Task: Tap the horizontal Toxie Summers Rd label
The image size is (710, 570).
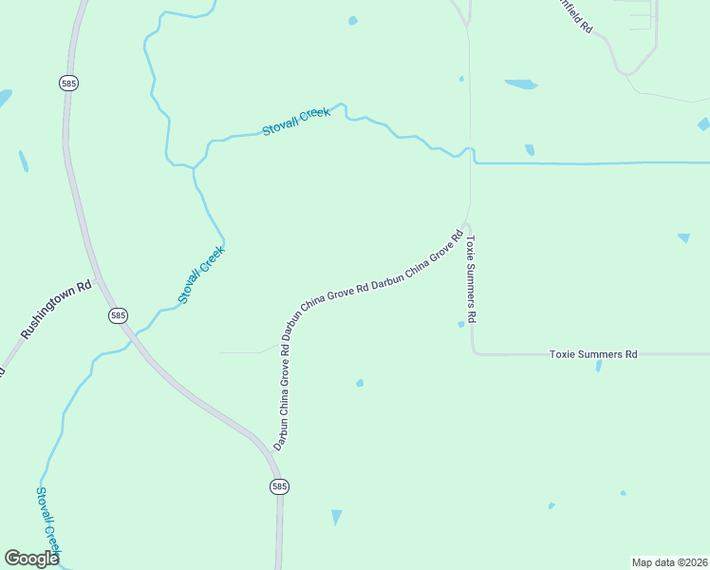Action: coord(593,354)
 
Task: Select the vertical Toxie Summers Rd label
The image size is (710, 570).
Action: coord(470,279)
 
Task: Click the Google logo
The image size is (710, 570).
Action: coord(31,558)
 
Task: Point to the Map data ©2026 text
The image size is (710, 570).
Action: coord(669,562)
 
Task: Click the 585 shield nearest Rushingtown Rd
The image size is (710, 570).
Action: coord(118,315)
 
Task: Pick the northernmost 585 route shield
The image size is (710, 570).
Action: coord(67,84)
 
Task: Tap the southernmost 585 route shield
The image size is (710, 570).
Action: coord(278,486)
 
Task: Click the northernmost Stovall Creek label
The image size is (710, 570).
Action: coord(296,121)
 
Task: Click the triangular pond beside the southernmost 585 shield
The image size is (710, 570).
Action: coord(336,517)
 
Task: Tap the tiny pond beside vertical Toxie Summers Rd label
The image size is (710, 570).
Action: coord(461,324)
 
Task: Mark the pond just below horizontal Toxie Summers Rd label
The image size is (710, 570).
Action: coord(598,365)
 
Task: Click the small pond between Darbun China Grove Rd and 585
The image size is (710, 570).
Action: coord(359,383)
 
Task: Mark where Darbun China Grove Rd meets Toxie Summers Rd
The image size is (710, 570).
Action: coord(465,225)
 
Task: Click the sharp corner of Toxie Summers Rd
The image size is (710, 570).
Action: coord(474,353)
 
